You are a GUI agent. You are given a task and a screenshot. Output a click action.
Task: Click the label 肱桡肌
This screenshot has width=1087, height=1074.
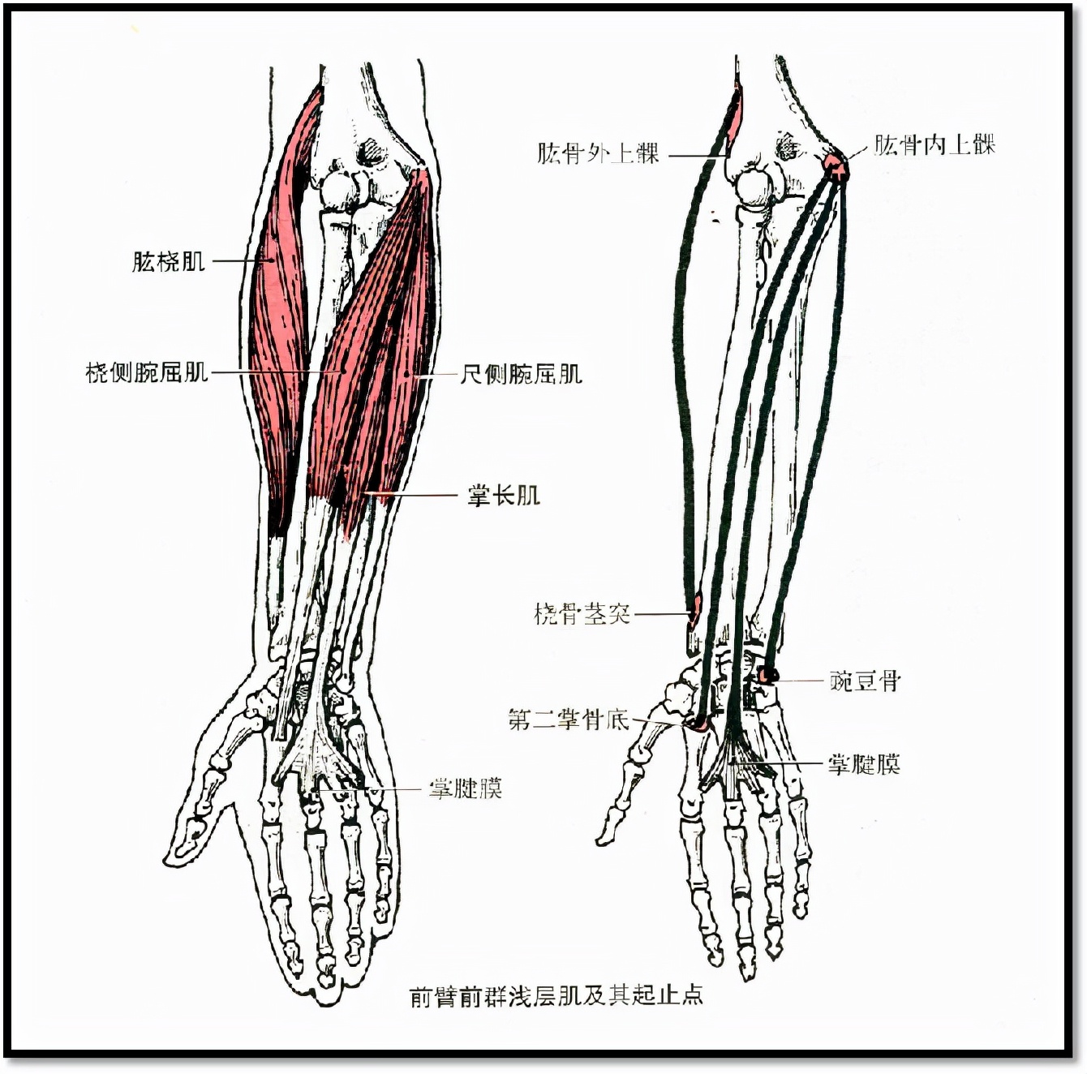pos(168,262)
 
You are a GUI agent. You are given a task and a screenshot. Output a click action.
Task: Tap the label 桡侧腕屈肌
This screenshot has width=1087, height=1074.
pos(147,372)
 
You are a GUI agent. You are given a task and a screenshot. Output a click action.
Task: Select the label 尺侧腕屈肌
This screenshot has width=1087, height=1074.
pos(521,373)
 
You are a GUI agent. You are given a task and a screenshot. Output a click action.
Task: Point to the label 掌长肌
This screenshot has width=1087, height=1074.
pos(503,496)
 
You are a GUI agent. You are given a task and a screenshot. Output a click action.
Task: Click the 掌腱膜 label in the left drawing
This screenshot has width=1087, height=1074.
pos(466,788)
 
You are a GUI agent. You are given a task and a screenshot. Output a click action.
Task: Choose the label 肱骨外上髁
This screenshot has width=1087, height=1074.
pos(598,153)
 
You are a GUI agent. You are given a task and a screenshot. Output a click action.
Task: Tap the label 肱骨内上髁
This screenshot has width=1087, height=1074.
pos(934,145)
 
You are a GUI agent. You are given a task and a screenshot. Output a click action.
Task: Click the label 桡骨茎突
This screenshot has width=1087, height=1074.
pos(582,613)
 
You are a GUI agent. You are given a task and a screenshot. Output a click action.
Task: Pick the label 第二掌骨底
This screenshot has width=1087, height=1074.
pos(569,720)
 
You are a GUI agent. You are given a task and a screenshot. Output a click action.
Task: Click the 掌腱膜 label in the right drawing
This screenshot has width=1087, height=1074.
pos(864,764)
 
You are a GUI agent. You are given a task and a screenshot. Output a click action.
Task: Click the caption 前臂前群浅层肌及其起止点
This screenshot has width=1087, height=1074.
pos(556,995)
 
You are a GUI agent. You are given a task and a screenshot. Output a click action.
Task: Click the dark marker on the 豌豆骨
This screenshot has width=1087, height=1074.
pos(767,675)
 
